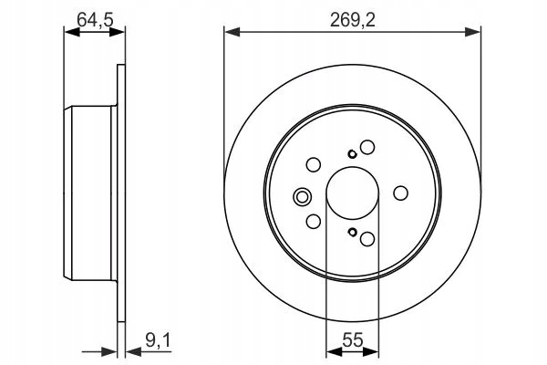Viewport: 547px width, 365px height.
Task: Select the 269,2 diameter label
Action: [353, 20]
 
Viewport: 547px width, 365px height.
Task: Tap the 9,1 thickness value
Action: [158, 340]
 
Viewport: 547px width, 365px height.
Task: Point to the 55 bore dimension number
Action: [353, 339]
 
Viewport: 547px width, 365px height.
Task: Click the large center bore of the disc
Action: [352, 193]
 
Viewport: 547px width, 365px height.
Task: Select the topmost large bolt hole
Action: [367, 147]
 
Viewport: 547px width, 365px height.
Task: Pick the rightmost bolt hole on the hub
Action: [400, 193]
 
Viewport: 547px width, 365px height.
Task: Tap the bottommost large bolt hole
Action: [367, 239]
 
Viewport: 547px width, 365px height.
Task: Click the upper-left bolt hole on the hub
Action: [314, 164]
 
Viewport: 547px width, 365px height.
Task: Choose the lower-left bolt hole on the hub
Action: [314, 221]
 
